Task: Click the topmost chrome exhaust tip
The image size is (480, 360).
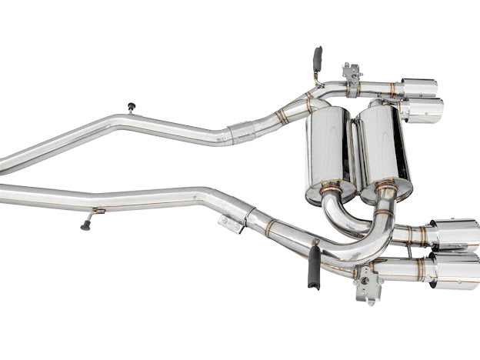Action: (x=418, y=87)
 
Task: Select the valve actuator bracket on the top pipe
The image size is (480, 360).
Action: (x=353, y=75)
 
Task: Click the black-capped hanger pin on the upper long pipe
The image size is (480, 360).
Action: (x=131, y=108)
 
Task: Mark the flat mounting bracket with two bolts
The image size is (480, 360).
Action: (x=231, y=223)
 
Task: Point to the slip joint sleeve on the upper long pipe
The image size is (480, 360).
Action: (x=242, y=132)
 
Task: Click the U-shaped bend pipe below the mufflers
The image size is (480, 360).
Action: (x=362, y=223)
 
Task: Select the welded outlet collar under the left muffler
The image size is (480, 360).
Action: (x=332, y=187)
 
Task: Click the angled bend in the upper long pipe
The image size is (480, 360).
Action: (x=115, y=124)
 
